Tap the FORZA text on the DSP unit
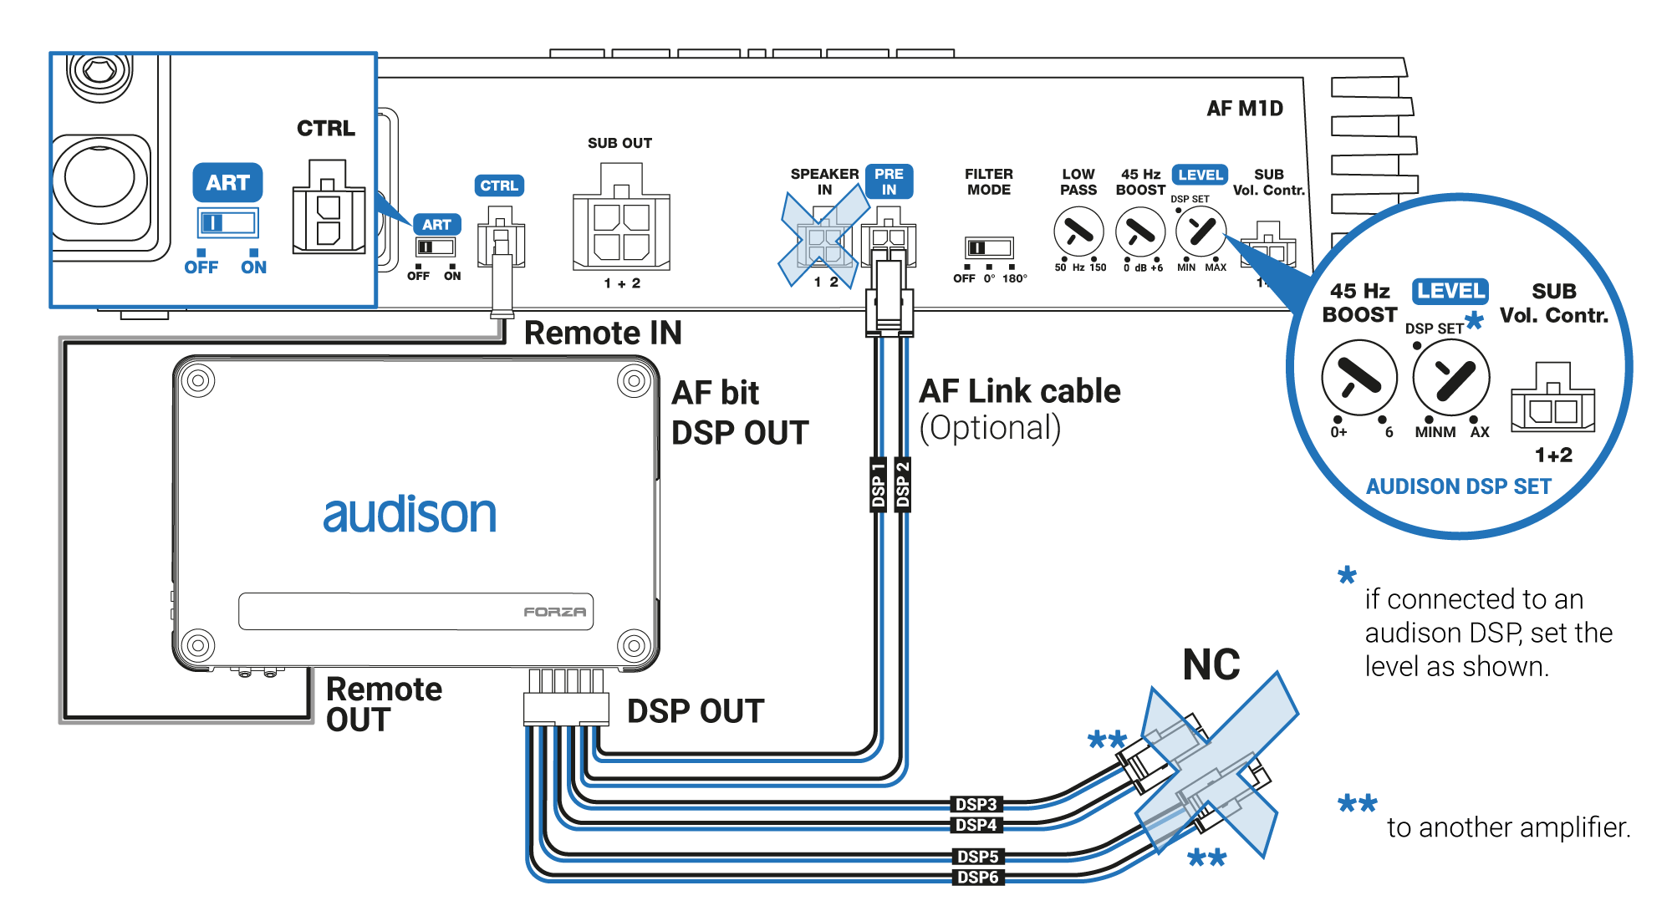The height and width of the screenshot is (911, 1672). coord(554,612)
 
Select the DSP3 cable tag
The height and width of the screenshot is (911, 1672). coord(976,804)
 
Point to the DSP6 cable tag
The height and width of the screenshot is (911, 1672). coord(977,877)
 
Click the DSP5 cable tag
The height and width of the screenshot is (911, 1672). coord(977,856)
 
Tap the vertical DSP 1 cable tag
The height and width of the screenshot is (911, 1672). coord(878,484)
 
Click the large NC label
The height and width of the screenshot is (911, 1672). coord(1211,665)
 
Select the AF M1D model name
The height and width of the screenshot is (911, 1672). coord(1245,109)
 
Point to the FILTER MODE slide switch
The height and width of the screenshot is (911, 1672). coord(989,247)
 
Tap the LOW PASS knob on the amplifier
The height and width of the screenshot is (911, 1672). coord(1078,232)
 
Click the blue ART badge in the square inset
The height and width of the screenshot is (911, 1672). coord(227,182)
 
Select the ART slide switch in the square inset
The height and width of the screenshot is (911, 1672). coord(227,223)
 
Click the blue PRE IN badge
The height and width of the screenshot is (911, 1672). coord(889,181)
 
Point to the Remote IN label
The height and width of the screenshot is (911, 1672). coord(603,333)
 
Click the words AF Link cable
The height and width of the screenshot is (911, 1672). coord(1020,391)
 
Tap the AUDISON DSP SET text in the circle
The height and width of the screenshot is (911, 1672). coord(1459,486)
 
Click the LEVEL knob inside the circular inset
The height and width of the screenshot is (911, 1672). coord(1450,378)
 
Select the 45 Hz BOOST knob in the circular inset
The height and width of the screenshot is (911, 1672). coord(1359,378)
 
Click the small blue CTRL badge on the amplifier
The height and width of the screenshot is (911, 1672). coord(499,186)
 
